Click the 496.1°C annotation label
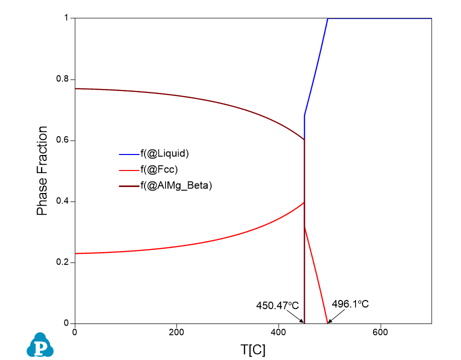click(x=350, y=303)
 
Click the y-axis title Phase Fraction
click(x=43, y=171)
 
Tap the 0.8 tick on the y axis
click(x=64, y=79)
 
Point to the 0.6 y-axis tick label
click(x=64, y=140)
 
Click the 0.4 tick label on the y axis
click(x=64, y=201)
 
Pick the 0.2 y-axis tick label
click(x=64, y=262)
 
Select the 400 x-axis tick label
click(x=278, y=332)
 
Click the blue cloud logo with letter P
click(x=40, y=345)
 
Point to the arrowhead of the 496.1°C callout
click(x=328, y=322)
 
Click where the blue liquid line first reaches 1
click(x=327, y=18)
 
